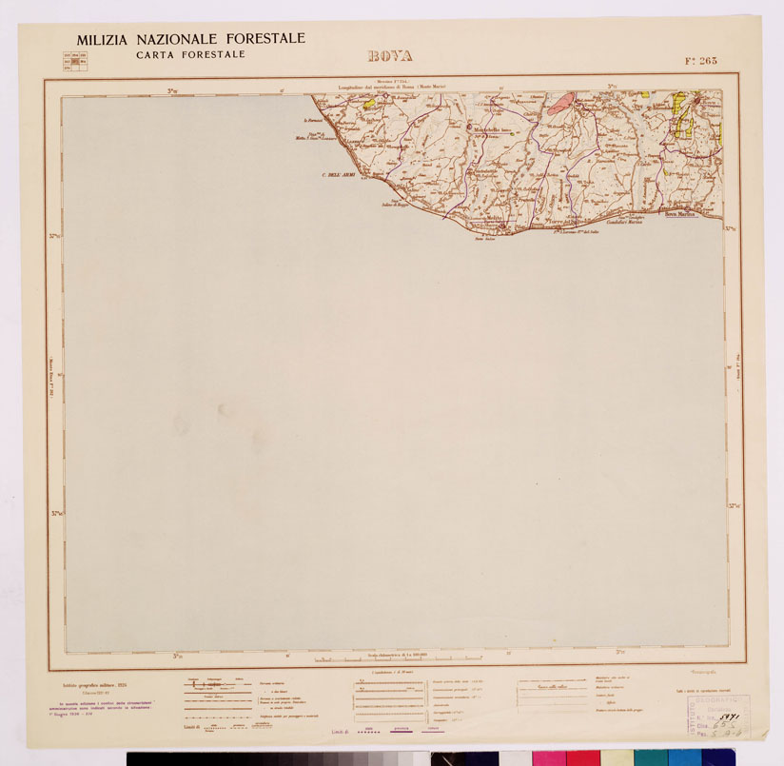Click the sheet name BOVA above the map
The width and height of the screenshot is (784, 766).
pyautogui.click(x=390, y=56)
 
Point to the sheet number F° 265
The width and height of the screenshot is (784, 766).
pyautogui.click(x=700, y=61)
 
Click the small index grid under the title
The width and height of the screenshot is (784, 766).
pyautogui.click(x=74, y=62)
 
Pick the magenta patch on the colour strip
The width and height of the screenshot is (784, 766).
pyautogui.click(x=548, y=758)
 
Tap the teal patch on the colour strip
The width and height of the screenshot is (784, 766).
pyautogui.click(x=650, y=758)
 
